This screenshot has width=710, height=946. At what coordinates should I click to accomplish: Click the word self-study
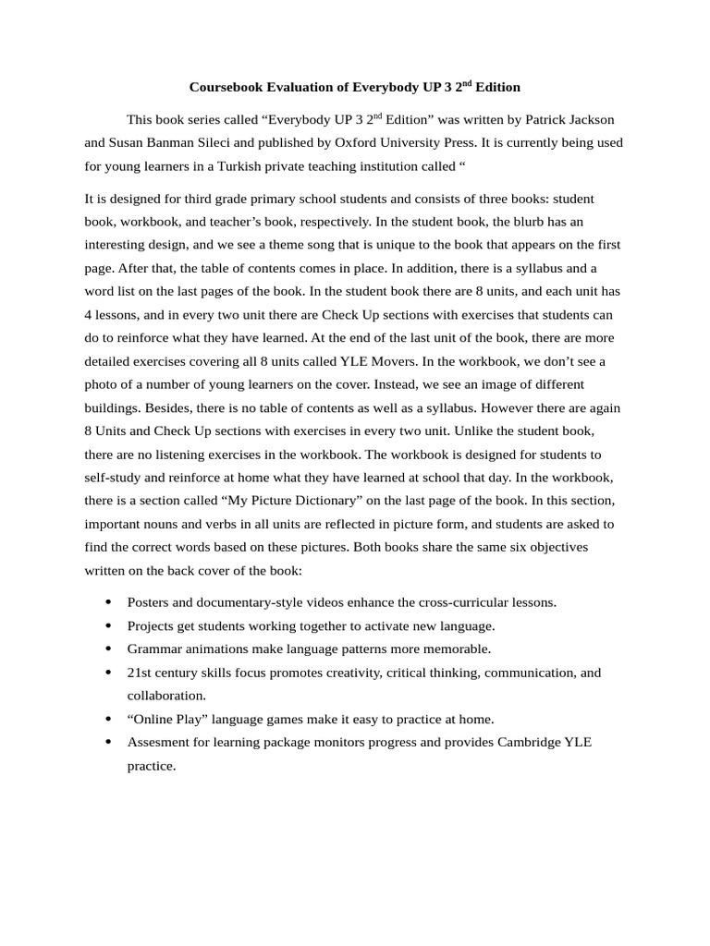coord(115,477)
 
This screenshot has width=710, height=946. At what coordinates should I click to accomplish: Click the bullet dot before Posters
coord(108,602)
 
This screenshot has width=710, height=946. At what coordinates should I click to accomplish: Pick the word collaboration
coord(166,696)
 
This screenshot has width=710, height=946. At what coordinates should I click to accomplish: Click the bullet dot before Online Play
coord(108,719)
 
